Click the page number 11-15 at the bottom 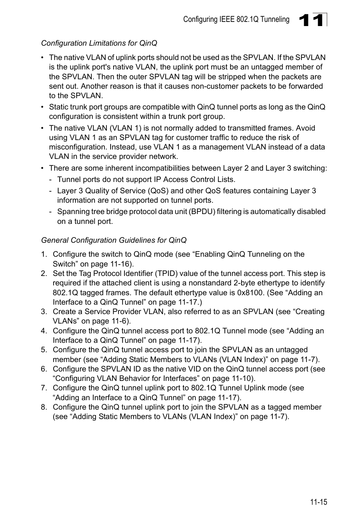tap(318, 502)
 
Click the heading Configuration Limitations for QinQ tap(99, 43)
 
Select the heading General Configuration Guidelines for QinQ tap(114, 240)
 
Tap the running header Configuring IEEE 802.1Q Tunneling tap(236, 20)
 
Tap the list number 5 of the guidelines tap(44, 350)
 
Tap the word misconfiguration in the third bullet tap(77, 147)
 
